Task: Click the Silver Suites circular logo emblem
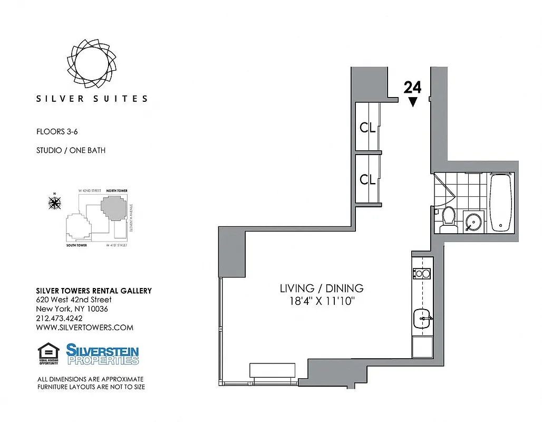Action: click(x=91, y=63)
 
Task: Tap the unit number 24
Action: click(x=412, y=88)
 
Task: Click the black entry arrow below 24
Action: click(x=412, y=102)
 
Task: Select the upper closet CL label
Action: click(x=367, y=128)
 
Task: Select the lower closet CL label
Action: click(x=367, y=179)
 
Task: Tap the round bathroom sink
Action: click(x=473, y=222)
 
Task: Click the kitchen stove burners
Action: click(x=422, y=273)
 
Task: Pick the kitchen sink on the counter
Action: click(x=423, y=318)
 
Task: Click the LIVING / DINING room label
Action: click(x=321, y=289)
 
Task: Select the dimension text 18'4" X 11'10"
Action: click(x=321, y=302)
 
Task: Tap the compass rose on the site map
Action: click(x=54, y=202)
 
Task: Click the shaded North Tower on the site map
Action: click(x=114, y=208)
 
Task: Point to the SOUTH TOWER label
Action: click(x=76, y=246)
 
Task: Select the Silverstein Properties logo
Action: click(x=102, y=354)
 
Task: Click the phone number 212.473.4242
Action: click(x=59, y=318)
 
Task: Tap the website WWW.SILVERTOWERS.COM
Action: click(x=84, y=328)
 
